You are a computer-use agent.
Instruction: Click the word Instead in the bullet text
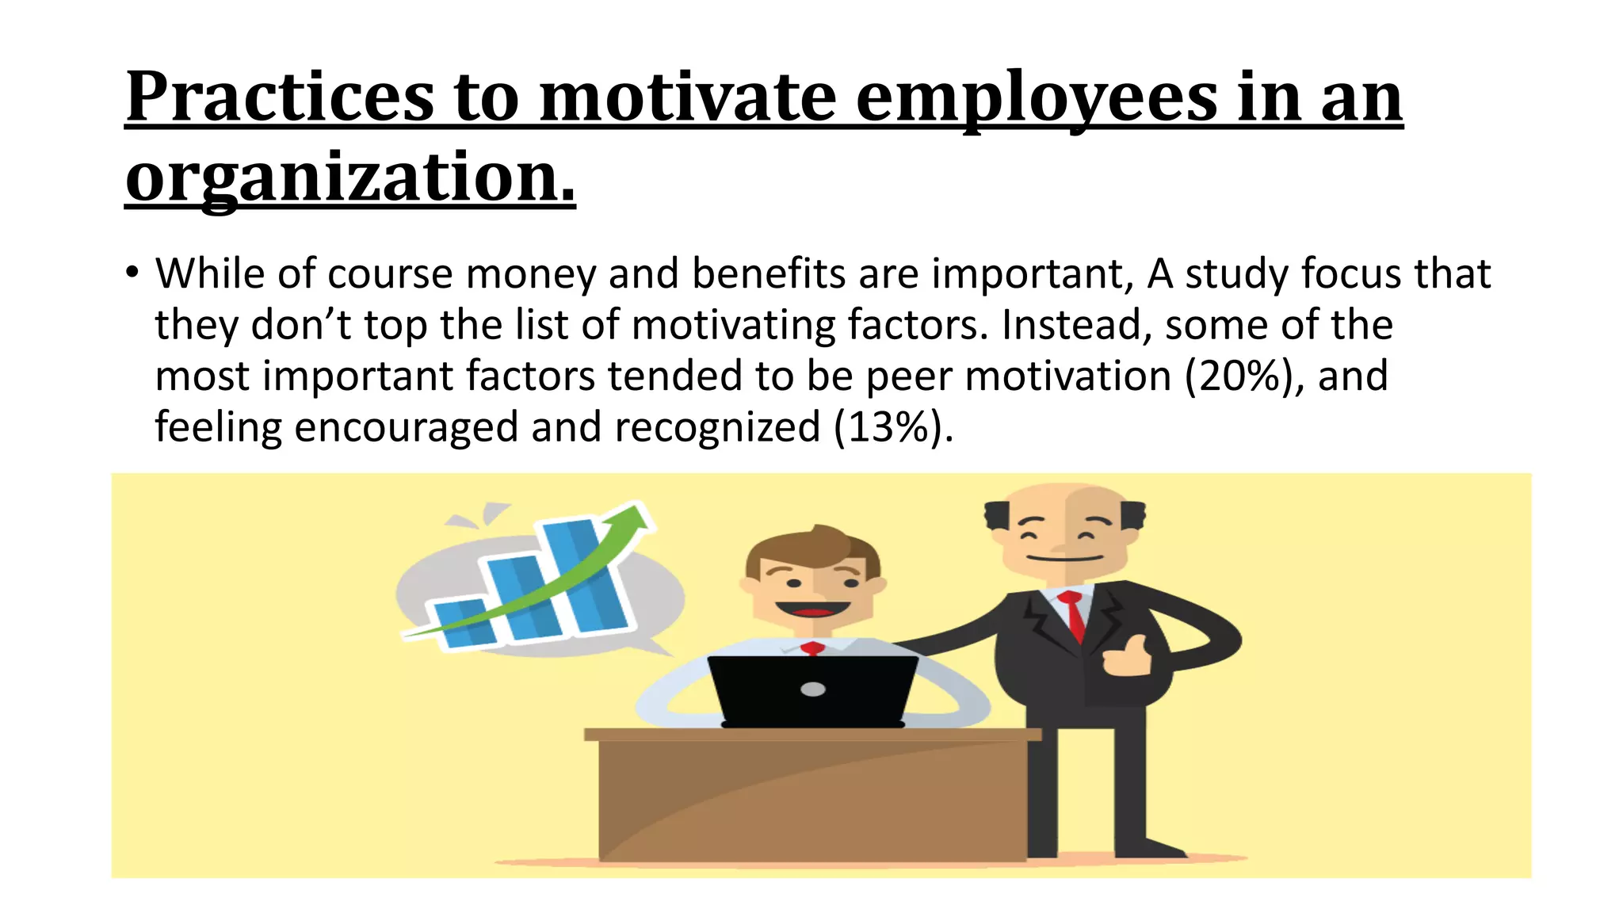(1076, 325)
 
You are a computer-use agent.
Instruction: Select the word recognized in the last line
(717, 427)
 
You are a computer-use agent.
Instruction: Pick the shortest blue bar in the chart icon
(464, 623)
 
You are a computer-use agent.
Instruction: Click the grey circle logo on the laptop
(813, 689)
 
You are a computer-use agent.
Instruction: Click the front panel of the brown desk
(812, 800)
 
